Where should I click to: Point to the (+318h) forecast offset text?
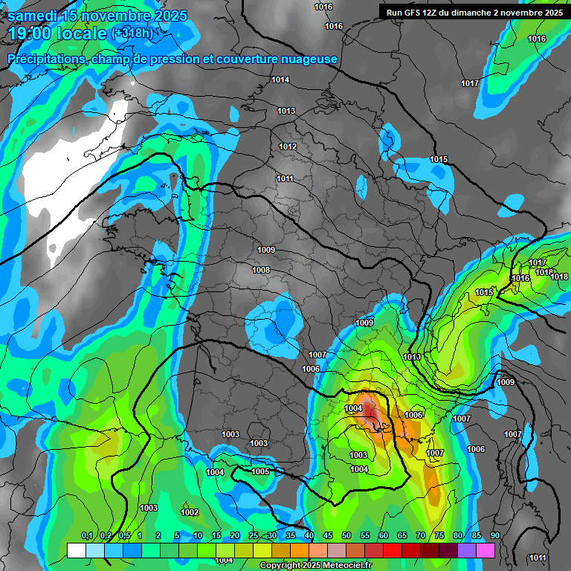point(132,33)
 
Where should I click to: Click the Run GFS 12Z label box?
point(474,13)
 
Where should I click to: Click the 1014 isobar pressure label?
point(280,80)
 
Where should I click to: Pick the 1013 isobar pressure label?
point(286,111)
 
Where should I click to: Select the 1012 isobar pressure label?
point(288,146)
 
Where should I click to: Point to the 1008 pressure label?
point(261,270)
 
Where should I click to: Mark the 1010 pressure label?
point(412,358)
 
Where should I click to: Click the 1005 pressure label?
point(260,471)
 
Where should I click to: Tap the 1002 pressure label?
point(190,512)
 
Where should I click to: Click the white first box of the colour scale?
point(77,550)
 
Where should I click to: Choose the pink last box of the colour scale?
point(485,550)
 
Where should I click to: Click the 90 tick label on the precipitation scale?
point(495,535)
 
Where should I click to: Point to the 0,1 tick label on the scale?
point(86,535)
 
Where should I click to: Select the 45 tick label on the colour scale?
point(328,535)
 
